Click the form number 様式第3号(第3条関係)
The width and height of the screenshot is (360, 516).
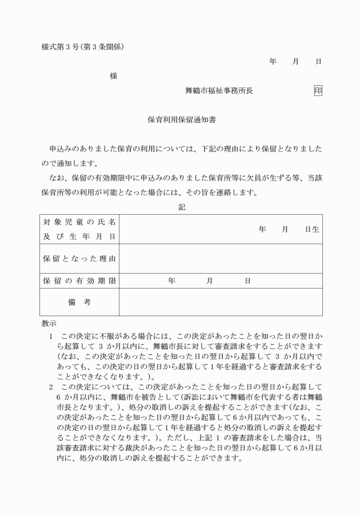click(82, 47)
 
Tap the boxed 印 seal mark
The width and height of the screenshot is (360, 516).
click(318, 90)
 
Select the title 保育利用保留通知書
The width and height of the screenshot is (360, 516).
click(181, 121)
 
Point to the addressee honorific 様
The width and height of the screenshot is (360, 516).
click(114, 76)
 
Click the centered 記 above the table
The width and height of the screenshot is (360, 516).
click(181, 207)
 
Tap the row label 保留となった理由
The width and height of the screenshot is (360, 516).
click(79, 259)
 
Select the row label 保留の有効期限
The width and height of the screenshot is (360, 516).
click(79, 281)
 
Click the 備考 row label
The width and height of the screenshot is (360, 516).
click(79, 302)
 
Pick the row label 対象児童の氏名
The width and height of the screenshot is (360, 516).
click(79, 222)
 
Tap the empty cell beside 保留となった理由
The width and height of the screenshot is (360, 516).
click(220, 259)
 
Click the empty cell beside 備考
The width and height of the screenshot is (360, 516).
click(220, 302)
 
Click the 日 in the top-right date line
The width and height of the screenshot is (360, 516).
click(318, 61)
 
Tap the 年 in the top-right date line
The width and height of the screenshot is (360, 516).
click(273, 61)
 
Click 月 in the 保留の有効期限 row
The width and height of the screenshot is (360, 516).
click(210, 281)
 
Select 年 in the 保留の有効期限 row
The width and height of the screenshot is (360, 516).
click(171, 281)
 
